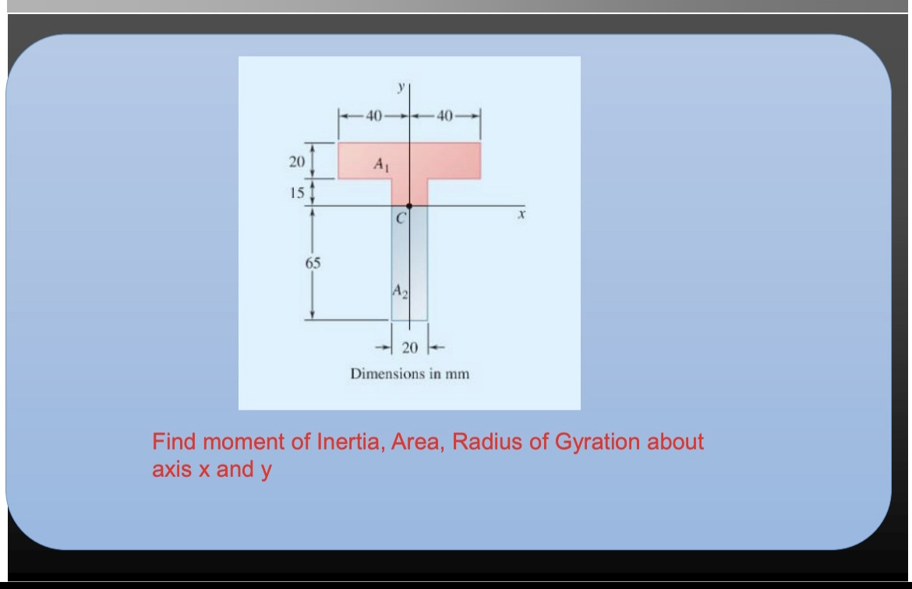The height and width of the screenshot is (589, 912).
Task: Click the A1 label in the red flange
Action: click(380, 164)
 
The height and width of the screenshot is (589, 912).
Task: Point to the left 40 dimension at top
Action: click(373, 117)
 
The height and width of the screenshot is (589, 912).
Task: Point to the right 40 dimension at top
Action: click(445, 117)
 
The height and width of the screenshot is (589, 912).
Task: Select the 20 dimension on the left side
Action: click(293, 162)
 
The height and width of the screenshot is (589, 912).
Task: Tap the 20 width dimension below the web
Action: click(410, 347)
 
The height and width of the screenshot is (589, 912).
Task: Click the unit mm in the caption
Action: click(458, 373)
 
